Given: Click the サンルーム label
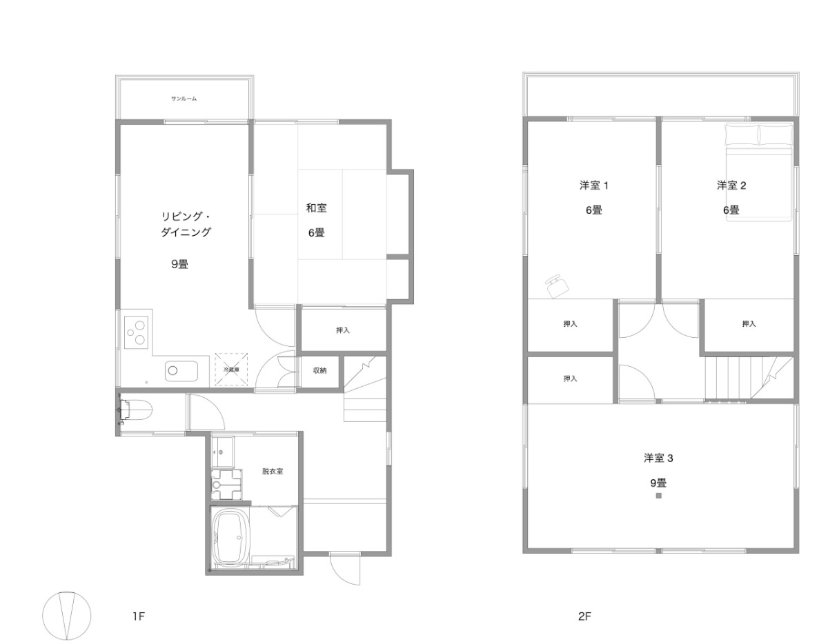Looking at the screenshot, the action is point(184,99).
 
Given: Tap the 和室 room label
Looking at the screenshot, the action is point(316,208).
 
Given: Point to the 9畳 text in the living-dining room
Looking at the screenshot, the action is point(179,264).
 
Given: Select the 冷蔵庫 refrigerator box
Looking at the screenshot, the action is point(231,369).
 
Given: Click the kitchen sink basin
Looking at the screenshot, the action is point(181,371).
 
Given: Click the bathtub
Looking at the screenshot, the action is point(232,536).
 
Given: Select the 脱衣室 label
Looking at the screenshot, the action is point(273,471).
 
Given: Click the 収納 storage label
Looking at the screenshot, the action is point(319,370).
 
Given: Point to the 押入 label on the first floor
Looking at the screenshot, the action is point(342,330).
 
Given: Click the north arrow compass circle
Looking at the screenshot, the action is point(67,616).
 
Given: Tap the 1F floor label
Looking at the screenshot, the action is point(139,616).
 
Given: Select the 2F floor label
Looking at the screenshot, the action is point(584,616).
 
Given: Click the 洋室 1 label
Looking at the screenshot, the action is point(593,185).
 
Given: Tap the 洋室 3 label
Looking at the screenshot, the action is point(658,458).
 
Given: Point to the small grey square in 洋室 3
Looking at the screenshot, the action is point(659,496).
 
